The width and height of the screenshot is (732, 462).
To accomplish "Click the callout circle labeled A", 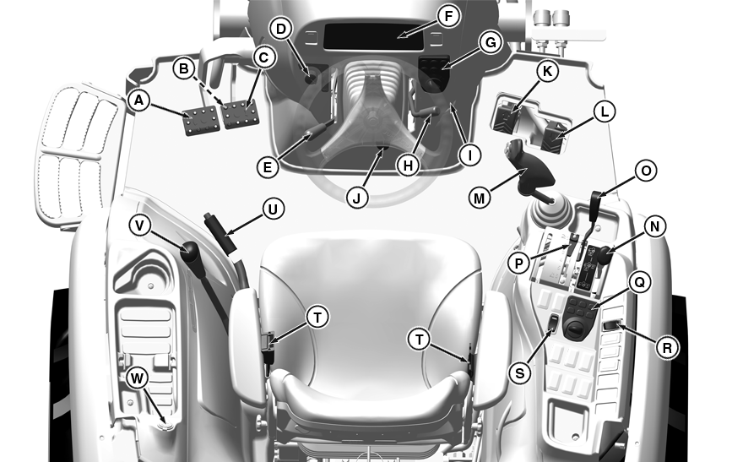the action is click(138, 101).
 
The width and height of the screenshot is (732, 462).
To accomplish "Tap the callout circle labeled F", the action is click(448, 16).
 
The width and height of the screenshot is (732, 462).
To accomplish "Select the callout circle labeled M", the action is click(480, 198).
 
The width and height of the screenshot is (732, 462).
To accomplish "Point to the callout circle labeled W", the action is click(137, 378).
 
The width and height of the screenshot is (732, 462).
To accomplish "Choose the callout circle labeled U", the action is click(273, 209).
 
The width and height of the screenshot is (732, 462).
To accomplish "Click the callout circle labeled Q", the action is click(640, 282).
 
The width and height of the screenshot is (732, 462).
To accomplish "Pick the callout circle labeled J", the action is click(357, 198).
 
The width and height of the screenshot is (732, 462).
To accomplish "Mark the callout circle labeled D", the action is click(280, 29).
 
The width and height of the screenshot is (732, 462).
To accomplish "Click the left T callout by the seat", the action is click(318, 318).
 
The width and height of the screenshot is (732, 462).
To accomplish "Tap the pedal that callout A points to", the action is click(201, 121).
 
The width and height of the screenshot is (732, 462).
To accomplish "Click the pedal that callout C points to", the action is click(241, 113).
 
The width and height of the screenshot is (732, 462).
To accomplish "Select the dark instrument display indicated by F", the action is click(373, 36).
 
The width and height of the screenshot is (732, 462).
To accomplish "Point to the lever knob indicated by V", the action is click(191, 253).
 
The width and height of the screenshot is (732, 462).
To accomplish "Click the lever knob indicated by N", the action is click(606, 256).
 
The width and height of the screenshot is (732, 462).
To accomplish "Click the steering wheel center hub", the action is click(372, 119).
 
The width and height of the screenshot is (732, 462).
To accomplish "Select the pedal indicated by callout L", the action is click(554, 136).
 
